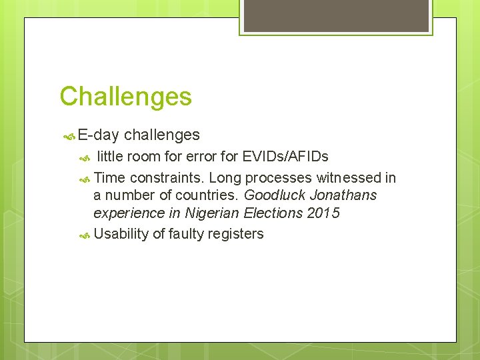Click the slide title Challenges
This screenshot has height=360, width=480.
point(125,97)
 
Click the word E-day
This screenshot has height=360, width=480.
point(98,135)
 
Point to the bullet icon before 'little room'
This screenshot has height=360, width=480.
point(84,158)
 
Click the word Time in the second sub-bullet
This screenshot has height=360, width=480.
point(110,178)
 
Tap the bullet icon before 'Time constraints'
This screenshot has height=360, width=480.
point(84,179)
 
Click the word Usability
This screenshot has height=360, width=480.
point(121,234)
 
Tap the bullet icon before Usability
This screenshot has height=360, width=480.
point(84,235)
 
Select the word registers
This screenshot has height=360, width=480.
point(236,234)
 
